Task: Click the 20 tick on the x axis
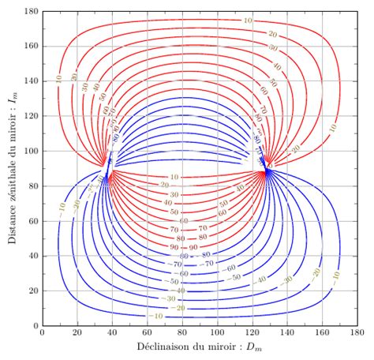(77, 334)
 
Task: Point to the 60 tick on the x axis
(147, 334)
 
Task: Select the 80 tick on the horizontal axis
(182, 334)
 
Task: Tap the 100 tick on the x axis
(218, 334)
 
